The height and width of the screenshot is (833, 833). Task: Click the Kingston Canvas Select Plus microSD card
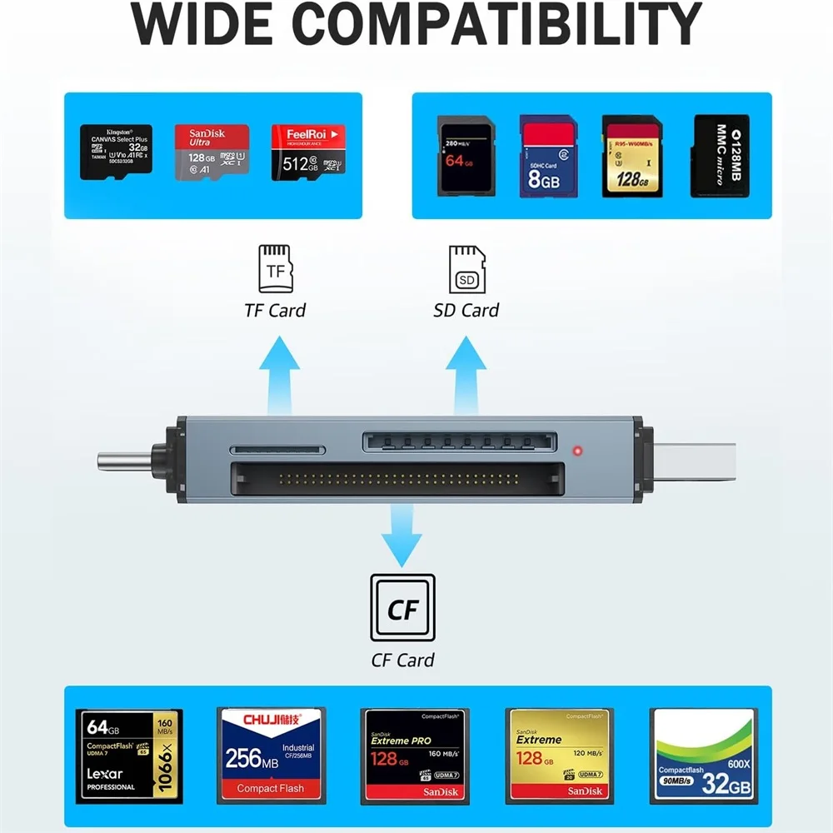(x=116, y=152)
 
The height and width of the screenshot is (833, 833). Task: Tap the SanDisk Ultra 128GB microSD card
(x=212, y=152)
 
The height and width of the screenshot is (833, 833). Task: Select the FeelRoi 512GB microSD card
(x=308, y=152)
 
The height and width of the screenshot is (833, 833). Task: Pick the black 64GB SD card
(x=466, y=157)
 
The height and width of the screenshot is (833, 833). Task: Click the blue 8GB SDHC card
(x=548, y=157)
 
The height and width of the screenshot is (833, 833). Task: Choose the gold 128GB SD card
(x=631, y=157)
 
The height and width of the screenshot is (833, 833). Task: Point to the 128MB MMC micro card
(x=721, y=157)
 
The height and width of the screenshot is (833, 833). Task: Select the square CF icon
(x=402, y=607)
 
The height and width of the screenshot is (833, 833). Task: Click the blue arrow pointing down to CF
(x=402, y=534)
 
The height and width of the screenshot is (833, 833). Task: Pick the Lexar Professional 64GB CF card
(x=129, y=756)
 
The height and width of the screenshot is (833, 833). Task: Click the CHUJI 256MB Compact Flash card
(x=271, y=756)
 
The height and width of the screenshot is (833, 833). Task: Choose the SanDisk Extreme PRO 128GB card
(x=414, y=756)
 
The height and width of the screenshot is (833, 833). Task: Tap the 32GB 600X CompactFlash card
(x=704, y=756)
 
